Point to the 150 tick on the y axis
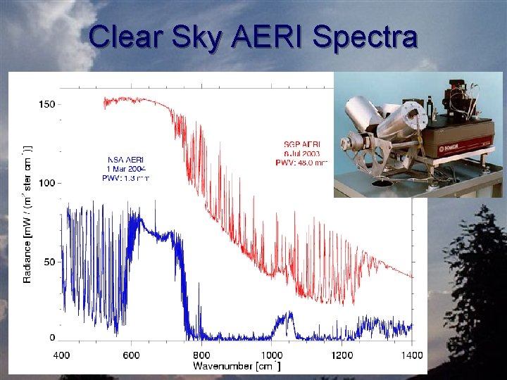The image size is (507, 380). click(x=46, y=105)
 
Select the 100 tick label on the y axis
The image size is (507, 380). click(x=46, y=184)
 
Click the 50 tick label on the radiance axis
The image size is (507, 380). click(x=49, y=262)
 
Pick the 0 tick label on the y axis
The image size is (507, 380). click(x=52, y=338)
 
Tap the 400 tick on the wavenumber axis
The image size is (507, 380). click(x=61, y=355)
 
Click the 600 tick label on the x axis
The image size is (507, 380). click(x=132, y=355)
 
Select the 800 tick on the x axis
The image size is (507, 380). click(x=201, y=355)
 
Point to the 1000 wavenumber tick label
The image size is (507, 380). click(x=272, y=355)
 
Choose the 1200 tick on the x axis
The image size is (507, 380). click(x=342, y=355)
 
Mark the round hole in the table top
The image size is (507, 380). click(x=384, y=184)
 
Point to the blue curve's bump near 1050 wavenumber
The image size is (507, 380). click(x=285, y=320)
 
